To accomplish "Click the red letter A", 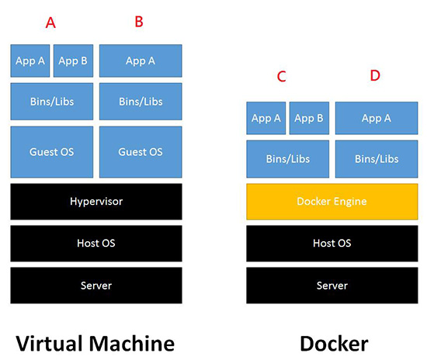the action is tap(50, 22).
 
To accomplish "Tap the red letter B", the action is tap(139, 22).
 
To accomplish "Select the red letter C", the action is tap(282, 77).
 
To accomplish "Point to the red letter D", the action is tap(375, 75).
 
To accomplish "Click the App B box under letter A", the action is tap(73, 61).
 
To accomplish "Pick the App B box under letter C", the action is tap(309, 118).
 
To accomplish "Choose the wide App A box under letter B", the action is tap(141, 61).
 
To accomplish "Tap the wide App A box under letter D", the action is tap(377, 118).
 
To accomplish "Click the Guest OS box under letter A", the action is tap(52, 152).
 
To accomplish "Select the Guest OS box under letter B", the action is tap(141, 152).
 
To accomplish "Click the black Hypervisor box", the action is tap(96, 202).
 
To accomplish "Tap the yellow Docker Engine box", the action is tap(332, 202).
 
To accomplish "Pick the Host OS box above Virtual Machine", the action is tap(96, 244).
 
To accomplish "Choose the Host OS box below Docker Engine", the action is tap(332, 244).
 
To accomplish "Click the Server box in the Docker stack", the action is tap(332, 286).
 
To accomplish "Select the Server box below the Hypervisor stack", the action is tap(96, 286).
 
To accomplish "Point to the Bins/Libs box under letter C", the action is tap(287, 159).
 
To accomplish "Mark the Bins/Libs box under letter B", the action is tap(141, 102).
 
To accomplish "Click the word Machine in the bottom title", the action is tap(132, 344).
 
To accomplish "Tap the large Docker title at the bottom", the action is tap(334, 344).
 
